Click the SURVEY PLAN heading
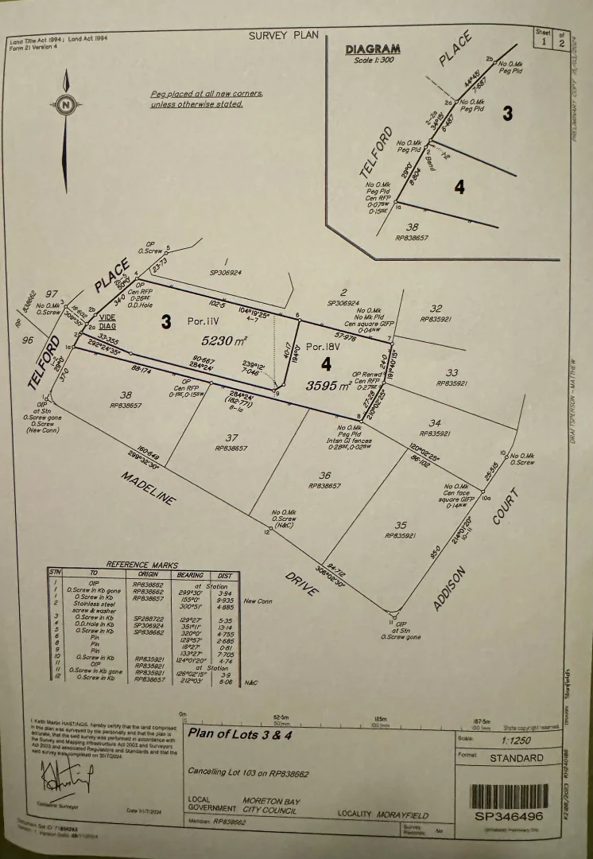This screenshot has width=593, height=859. point(283,35)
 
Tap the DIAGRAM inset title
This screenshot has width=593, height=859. point(373,49)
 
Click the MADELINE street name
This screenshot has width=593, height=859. point(148,488)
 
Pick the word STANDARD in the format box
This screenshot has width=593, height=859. point(517,758)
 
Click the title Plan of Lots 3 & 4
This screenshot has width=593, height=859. point(240,734)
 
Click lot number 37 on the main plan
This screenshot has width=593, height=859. point(231,437)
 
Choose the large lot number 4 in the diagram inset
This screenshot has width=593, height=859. point(459,188)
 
